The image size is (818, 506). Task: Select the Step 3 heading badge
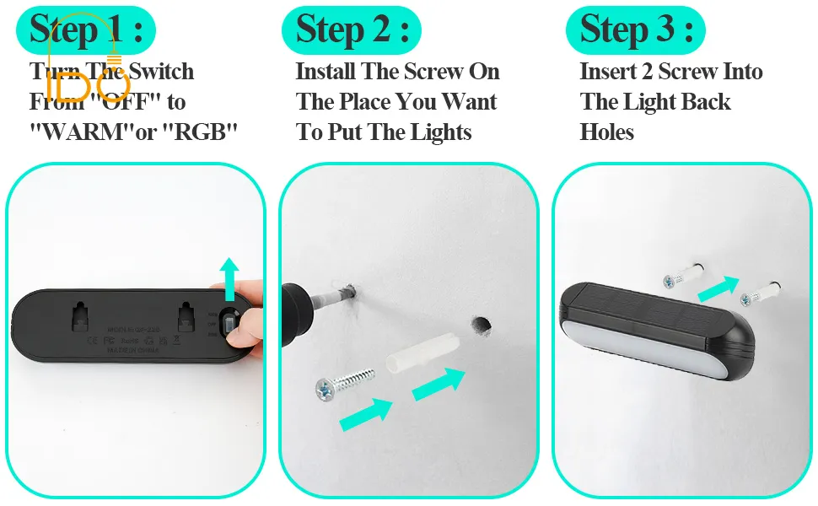635,30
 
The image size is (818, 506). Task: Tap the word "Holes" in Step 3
606,132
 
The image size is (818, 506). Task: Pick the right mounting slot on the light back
188,318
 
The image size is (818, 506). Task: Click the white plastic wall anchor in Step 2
421,353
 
